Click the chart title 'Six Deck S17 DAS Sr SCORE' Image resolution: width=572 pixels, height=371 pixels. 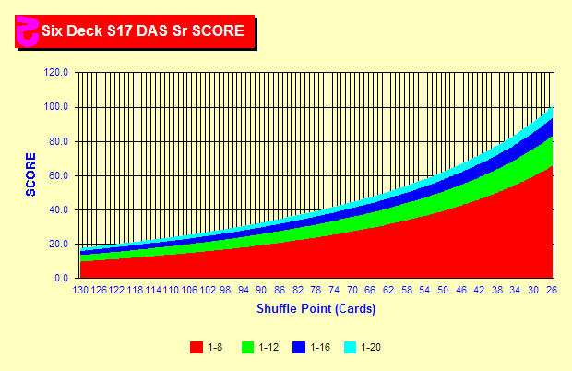click(x=142, y=30)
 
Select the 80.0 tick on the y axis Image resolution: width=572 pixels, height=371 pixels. click(x=59, y=141)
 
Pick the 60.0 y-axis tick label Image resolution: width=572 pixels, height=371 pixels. click(x=59, y=175)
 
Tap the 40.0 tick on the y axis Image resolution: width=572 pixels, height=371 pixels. click(x=59, y=209)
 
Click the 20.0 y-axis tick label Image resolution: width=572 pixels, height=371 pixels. click(x=59, y=244)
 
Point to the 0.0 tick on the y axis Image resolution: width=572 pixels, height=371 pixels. click(x=62, y=278)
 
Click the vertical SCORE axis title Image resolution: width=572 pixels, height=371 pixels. click(x=30, y=174)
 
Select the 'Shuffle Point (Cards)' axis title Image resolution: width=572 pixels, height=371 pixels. click(x=316, y=307)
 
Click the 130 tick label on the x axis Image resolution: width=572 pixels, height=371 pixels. click(x=81, y=290)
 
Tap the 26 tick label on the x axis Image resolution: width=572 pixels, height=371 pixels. click(x=552, y=290)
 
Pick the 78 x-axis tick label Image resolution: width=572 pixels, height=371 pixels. click(x=316, y=290)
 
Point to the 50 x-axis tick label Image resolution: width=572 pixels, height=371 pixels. click(x=443, y=290)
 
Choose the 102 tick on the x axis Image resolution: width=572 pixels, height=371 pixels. click(x=208, y=290)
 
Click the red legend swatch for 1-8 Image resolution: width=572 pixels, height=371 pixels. click(x=196, y=347)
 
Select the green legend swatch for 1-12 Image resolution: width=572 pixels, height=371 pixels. click(x=247, y=347)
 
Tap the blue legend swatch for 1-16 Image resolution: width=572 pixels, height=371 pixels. click(x=299, y=347)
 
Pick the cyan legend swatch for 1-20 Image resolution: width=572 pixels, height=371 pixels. click(x=351, y=347)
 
